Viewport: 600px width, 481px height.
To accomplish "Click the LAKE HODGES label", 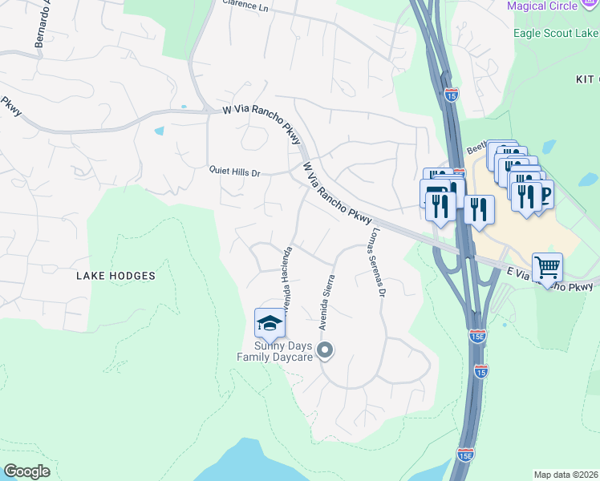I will pyautogui.click(x=116, y=276).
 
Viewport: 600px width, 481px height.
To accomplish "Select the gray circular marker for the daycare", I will pyautogui.click(x=325, y=350).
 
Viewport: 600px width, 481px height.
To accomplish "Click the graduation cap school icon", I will pyautogui.click(x=270, y=323).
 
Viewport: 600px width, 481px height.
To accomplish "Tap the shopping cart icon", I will pyautogui.click(x=547, y=267).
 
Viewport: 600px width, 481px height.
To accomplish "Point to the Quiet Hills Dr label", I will pyautogui.click(x=235, y=172).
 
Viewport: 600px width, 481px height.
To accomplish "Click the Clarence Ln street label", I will pyautogui.click(x=245, y=6).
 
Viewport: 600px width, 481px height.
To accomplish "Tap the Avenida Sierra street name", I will pyautogui.click(x=326, y=302).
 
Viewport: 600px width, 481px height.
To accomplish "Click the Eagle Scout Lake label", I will pyautogui.click(x=556, y=34).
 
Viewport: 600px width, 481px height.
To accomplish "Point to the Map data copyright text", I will pyautogui.click(x=566, y=475).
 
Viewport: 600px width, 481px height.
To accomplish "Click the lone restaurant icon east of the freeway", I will pyautogui.click(x=479, y=210).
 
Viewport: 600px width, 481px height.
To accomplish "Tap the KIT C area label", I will pyautogui.click(x=587, y=79).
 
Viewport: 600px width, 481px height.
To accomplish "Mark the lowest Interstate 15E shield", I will pyautogui.click(x=465, y=455).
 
